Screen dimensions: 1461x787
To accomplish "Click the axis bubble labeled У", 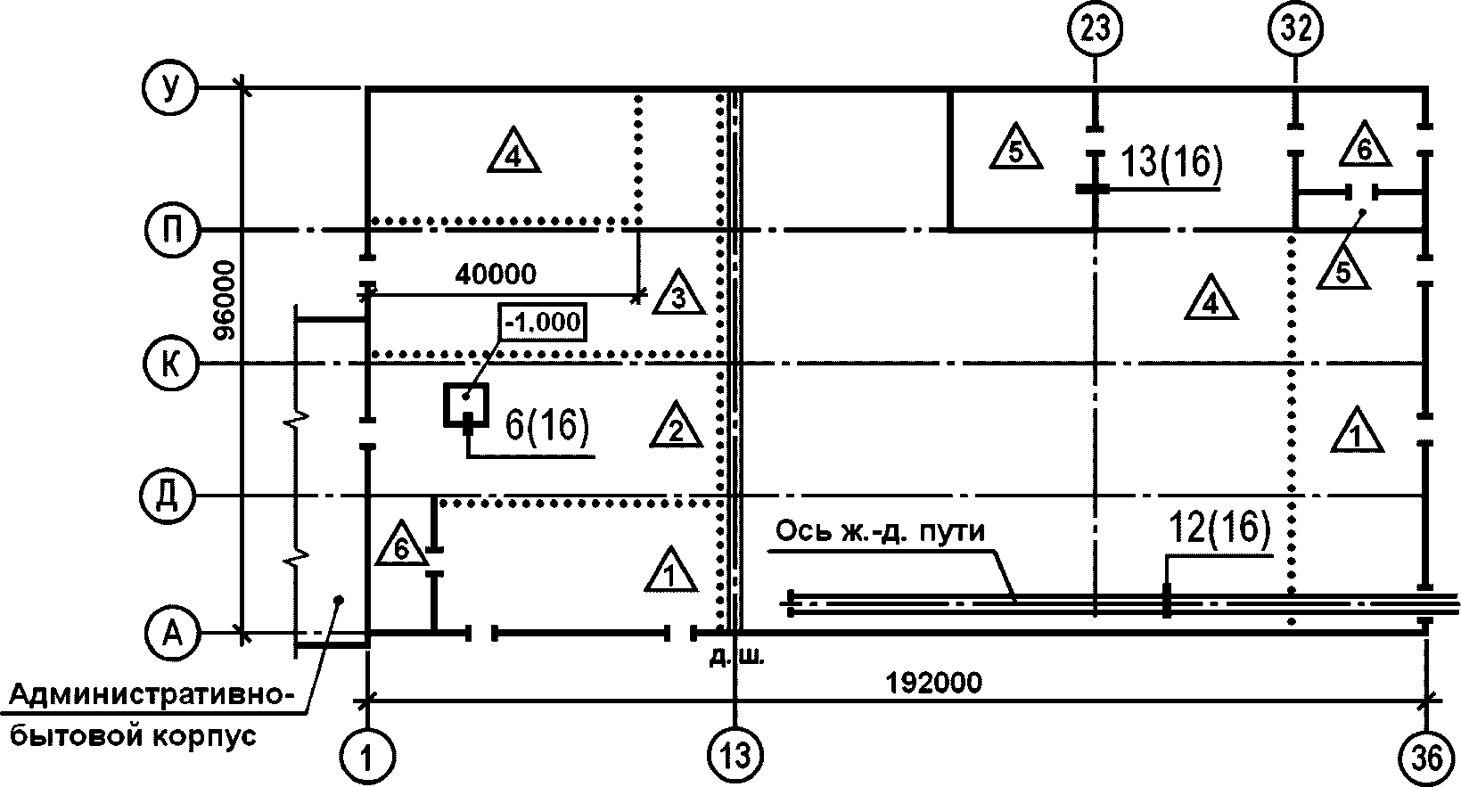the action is [169, 87].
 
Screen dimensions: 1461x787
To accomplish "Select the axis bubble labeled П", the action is [171, 230].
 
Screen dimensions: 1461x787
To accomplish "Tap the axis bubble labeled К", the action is [170, 364].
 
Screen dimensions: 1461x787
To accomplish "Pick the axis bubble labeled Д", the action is [168, 496].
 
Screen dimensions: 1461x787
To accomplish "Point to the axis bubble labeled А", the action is [171, 632].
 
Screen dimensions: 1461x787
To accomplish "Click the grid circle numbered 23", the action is [1096, 29].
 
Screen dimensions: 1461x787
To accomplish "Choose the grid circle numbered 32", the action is [1295, 29].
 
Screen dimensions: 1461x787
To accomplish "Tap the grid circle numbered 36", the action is [1426, 758].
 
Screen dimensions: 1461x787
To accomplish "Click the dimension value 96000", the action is [225, 300].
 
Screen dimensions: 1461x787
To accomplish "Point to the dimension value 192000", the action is [933, 683].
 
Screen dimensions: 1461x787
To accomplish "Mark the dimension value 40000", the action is [496, 275].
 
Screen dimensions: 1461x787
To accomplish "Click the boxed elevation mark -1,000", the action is [543, 322].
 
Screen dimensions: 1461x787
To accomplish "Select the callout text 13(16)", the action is [1171, 161].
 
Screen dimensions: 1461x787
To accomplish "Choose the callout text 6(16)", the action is [547, 426].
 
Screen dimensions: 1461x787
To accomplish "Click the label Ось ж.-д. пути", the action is [880, 532].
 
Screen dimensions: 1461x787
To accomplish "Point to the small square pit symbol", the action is [466, 406].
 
